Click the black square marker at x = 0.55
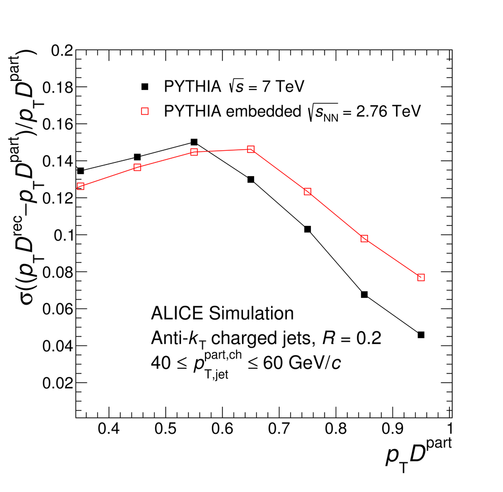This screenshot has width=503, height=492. point(194,142)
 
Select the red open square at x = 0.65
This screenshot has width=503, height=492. point(251,149)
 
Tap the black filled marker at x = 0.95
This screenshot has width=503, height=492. point(421,335)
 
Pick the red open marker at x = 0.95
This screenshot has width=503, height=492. point(421,277)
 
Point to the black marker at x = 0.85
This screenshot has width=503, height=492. point(364,294)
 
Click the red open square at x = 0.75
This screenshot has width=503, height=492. point(308,192)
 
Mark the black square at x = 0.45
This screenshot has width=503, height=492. point(138,157)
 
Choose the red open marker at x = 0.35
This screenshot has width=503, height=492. point(80,186)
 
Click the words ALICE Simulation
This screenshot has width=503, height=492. point(222,314)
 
